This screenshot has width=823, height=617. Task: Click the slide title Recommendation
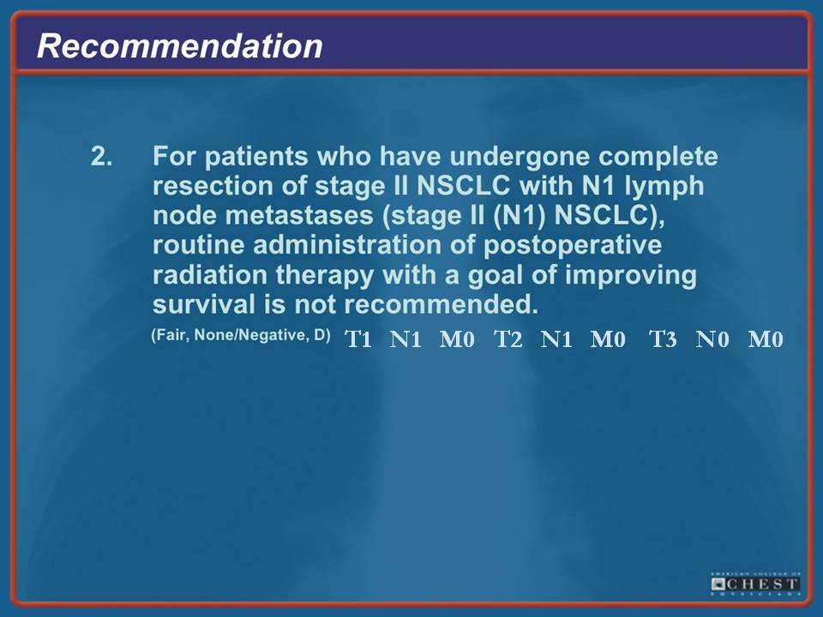179,45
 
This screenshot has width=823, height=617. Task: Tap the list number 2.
101,156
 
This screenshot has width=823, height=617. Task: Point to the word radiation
210,275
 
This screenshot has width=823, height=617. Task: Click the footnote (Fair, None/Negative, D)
241,335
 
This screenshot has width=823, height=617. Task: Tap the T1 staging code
358,339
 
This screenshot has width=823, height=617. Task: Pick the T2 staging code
508,339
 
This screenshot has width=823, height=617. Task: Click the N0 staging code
712,339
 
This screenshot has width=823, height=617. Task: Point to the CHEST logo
755,584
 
